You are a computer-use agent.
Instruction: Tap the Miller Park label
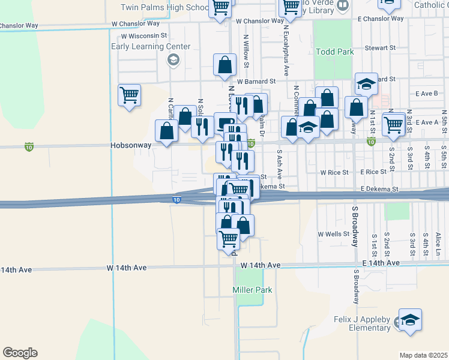pyautogui.click(x=252, y=290)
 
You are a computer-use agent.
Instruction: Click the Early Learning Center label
pyautogui.click(x=151, y=47)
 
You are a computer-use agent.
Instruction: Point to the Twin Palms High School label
pyautogui.click(x=164, y=8)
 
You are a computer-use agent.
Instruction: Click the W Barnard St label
pyautogui.click(x=256, y=81)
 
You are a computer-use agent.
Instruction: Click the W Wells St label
pyautogui.click(x=334, y=234)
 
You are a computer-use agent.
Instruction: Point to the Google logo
pyautogui.click(x=20, y=353)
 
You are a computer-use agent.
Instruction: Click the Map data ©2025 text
pyautogui.click(x=424, y=355)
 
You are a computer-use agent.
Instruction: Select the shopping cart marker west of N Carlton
pyautogui.click(x=130, y=95)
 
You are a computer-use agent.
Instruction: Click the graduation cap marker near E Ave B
pyautogui.click(x=366, y=85)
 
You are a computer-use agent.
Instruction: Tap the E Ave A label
pyautogui.click(x=427, y=122)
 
